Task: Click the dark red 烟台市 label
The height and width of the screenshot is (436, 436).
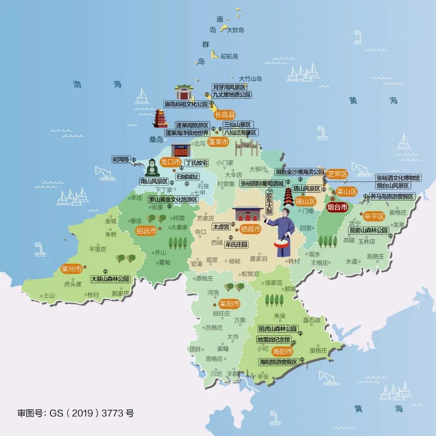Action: [337, 208]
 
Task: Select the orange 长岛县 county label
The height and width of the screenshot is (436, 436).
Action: [225, 115]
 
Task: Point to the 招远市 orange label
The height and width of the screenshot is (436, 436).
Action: [146, 231]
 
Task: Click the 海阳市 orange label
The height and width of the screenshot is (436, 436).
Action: [282, 351]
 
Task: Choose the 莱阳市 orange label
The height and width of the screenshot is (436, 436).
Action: [229, 304]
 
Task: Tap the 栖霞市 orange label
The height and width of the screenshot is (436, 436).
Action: [250, 229]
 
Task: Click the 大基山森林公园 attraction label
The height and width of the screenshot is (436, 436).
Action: [110, 279]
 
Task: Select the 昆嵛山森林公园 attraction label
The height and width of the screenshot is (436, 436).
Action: [369, 230]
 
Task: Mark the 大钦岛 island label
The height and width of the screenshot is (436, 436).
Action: [236, 30]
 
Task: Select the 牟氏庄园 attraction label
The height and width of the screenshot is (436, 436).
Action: [237, 244]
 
